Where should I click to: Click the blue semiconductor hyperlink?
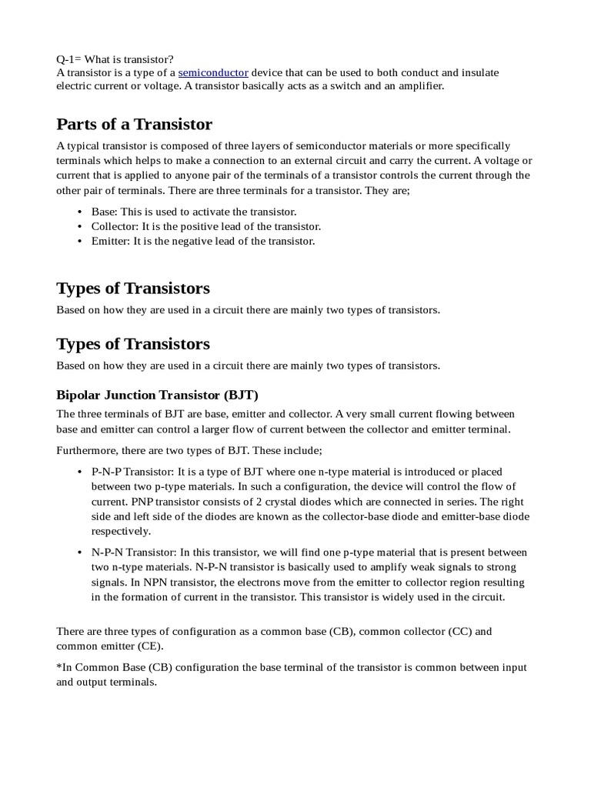[213, 72]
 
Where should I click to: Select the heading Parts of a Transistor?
[134, 124]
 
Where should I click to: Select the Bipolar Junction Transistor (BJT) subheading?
[157, 395]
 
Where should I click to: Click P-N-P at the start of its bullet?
[107, 472]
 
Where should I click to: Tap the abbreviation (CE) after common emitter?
[149, 646]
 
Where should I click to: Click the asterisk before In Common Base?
[58, 666]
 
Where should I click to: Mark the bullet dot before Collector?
[80, 226]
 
